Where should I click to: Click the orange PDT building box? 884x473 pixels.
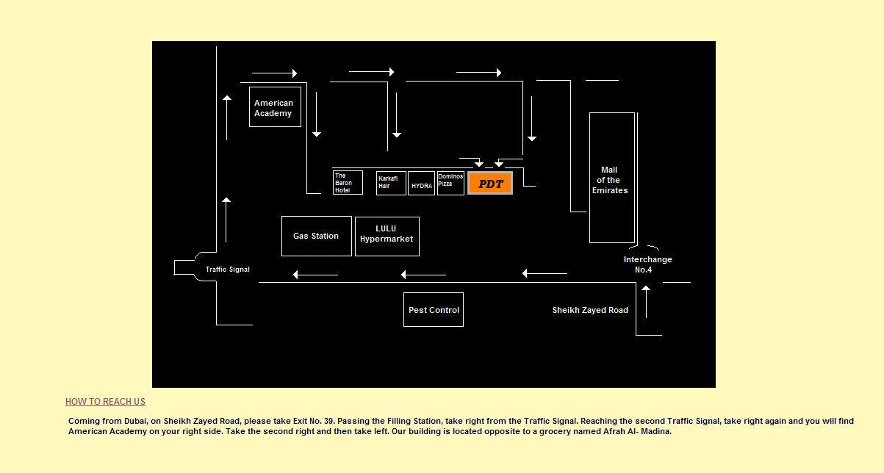(489, 183)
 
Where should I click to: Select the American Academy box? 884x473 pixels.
(275, 107)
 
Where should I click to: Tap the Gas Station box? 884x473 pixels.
(317, 236)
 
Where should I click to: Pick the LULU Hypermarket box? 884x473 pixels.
(387, 236)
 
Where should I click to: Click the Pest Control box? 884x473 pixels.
(434, 310)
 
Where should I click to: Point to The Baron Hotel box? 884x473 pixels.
(348, 183)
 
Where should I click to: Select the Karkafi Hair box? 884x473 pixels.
(391, 183)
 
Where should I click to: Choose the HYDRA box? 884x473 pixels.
(422, 183)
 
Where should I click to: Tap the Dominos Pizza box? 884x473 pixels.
(450, 183)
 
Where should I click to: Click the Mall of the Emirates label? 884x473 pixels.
(610, 180)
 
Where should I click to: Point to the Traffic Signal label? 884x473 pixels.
(227, 270)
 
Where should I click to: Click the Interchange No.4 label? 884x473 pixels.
(647, 264)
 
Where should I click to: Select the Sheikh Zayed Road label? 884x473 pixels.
(590, 310)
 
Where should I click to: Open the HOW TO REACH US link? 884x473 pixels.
(105, 402)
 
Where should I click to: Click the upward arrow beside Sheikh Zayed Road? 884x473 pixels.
(646, 302)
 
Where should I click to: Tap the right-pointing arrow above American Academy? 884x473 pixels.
(274, 73)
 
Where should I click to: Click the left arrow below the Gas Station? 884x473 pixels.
(315, 275)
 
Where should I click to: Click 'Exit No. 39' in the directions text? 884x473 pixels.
(313, 421)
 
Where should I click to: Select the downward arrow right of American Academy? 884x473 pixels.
(317, 115)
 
